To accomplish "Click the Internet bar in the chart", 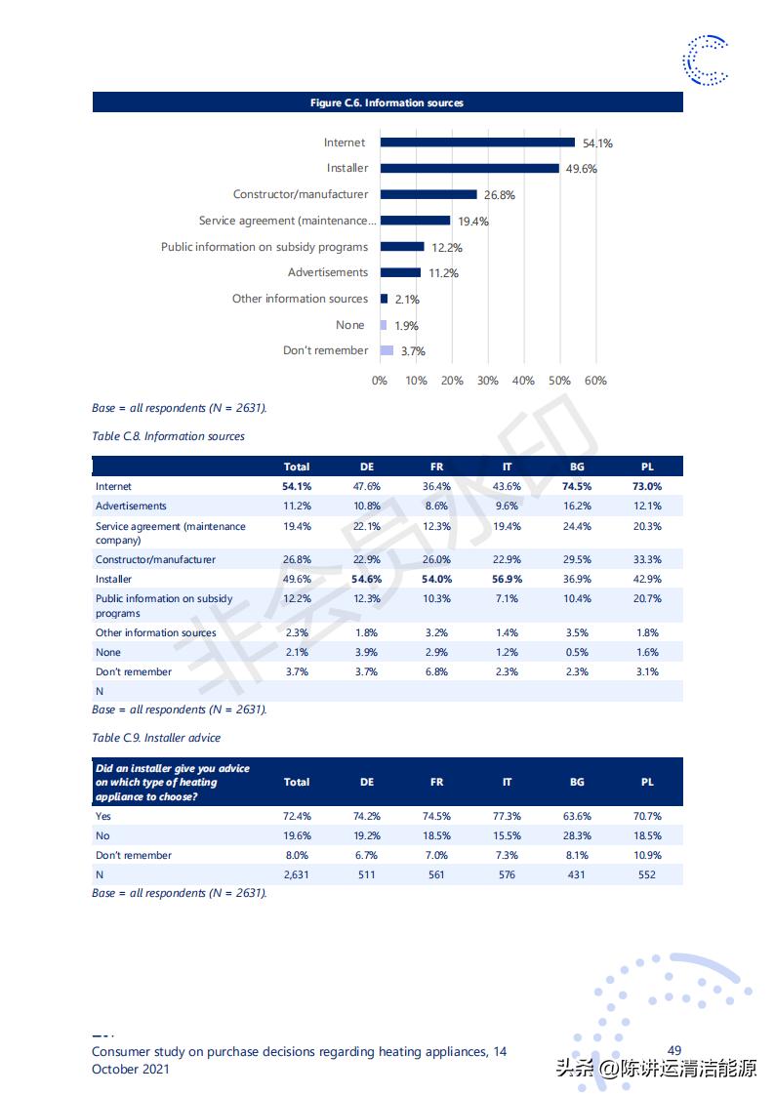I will (477, 142).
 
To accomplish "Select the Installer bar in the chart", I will (469, 168).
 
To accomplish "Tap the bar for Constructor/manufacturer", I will (428, 194).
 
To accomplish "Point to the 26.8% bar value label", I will (499, 195).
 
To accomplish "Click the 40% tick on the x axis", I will (523, 381).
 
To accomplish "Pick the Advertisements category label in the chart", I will (328, 272).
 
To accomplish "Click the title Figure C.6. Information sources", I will (387, 102).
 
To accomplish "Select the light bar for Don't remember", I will (387, 350).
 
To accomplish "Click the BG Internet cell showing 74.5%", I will (577, 486).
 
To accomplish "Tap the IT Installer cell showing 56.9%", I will (507, 579).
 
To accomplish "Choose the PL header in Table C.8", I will (647, 466).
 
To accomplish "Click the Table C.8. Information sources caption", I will (168, 436).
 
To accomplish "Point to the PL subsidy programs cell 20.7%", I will (647, 598).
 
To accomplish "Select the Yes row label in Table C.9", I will (103, 816).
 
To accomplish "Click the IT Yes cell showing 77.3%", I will (507, 816).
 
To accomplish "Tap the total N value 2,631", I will (296, 874).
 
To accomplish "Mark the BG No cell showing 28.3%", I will (577, 835).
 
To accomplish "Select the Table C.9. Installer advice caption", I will (156, 738).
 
